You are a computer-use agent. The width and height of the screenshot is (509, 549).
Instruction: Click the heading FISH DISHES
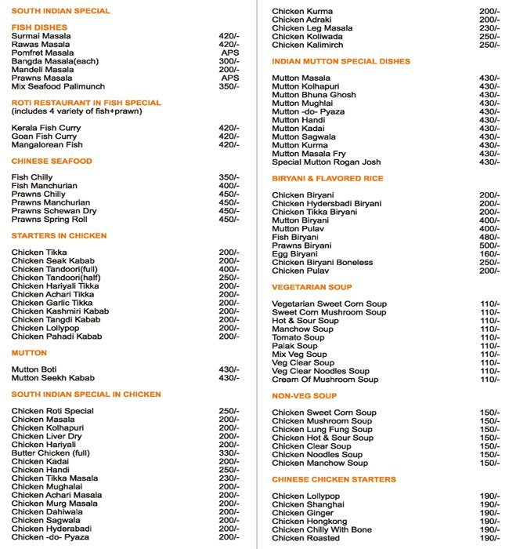tap(39, 27)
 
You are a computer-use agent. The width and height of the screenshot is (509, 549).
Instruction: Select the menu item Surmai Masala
tap(40, 36)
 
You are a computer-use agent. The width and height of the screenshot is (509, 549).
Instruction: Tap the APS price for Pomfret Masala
tap(229, 53)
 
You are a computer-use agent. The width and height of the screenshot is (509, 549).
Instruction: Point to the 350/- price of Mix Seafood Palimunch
tap(229, 86)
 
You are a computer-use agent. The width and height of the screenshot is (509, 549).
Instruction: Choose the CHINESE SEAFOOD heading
tap(52, 161)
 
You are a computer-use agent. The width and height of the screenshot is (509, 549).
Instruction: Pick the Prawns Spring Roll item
tap(49, 220)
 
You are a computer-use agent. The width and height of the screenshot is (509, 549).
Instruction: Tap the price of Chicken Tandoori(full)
tap(229, 269)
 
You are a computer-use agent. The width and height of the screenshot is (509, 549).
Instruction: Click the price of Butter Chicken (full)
tap(229, 453)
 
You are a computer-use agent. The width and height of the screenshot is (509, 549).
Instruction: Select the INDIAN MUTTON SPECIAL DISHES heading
tap(341, 61)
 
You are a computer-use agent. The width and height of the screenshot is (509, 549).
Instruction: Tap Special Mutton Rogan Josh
tap(326, 162)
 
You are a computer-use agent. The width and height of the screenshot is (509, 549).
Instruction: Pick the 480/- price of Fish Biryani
tap(489, 237)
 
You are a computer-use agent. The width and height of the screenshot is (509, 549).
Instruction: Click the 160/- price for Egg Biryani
tap(489, 254)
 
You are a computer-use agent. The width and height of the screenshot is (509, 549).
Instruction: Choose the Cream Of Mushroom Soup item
tap(325, 380)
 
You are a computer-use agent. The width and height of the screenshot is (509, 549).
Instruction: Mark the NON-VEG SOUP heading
tap(304, 396)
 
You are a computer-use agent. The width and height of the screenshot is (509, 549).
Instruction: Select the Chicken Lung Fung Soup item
tap(322, 430)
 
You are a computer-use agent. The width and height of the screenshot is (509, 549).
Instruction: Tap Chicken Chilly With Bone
tap(322, 530)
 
